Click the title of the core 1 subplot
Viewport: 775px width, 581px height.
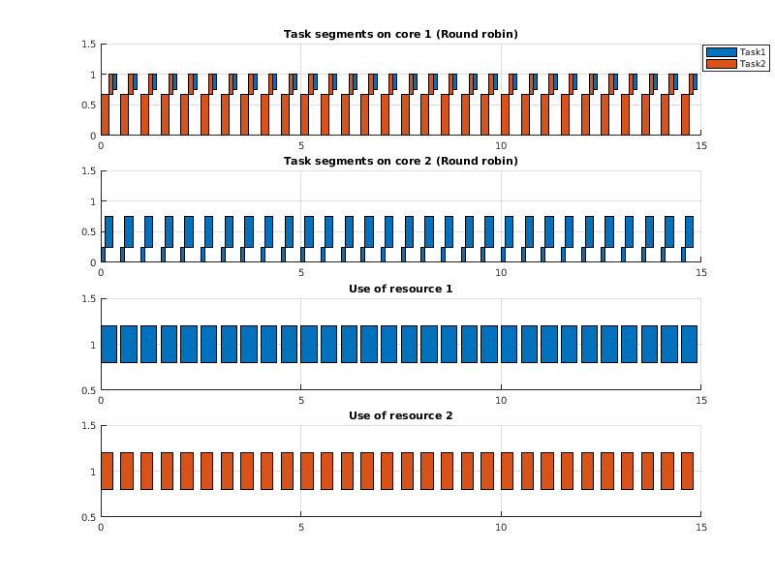point(400,34)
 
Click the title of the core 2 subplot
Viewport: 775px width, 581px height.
point(400,161)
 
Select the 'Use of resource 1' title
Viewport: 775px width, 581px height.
point(400,289)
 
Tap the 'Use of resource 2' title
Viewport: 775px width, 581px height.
point(400,415)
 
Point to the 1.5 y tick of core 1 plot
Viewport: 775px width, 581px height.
point(88,44)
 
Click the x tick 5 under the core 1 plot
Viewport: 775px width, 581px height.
point(301,146)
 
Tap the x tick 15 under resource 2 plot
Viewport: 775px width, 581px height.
point(701,528)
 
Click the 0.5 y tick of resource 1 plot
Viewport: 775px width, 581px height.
point(88,390)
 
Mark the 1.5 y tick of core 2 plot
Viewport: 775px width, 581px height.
point(88,170)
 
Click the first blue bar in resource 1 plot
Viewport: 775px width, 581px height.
point(108,344)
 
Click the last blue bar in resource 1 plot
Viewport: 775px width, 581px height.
point(689,344)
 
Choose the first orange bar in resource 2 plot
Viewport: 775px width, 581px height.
point(107,471)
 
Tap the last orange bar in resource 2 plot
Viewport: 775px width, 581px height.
point(687,471)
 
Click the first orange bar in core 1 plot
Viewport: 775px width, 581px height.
point(105,114)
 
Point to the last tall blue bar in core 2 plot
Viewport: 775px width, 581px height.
point(690,231)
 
